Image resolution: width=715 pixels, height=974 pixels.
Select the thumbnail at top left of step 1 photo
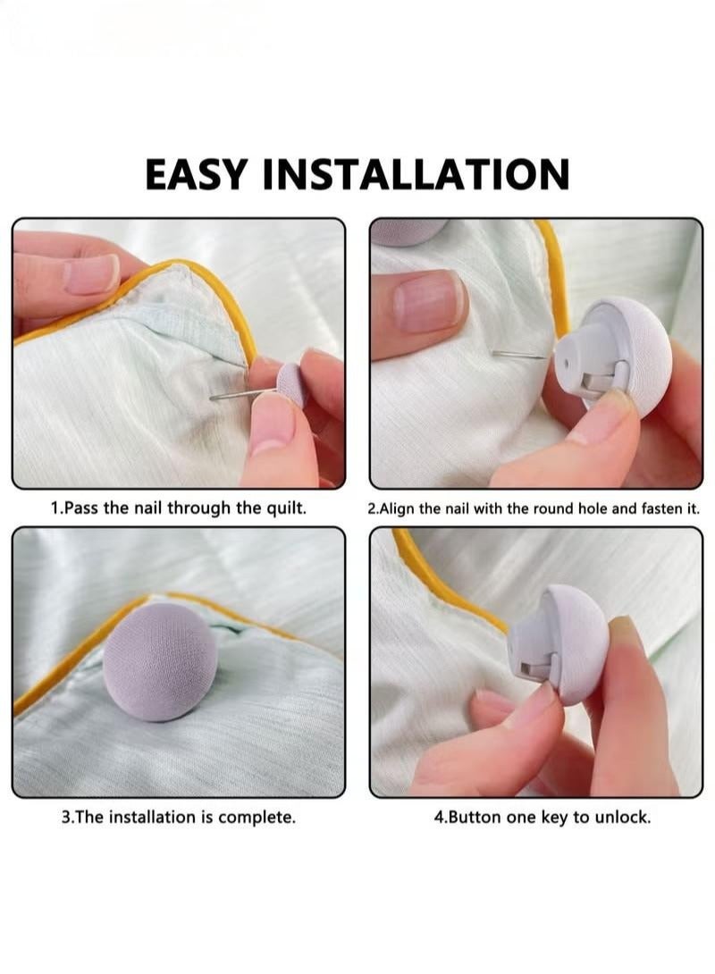click(90, 273)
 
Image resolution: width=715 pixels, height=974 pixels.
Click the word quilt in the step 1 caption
click(283, 508)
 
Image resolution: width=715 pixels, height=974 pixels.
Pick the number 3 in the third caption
click(65, 818)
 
